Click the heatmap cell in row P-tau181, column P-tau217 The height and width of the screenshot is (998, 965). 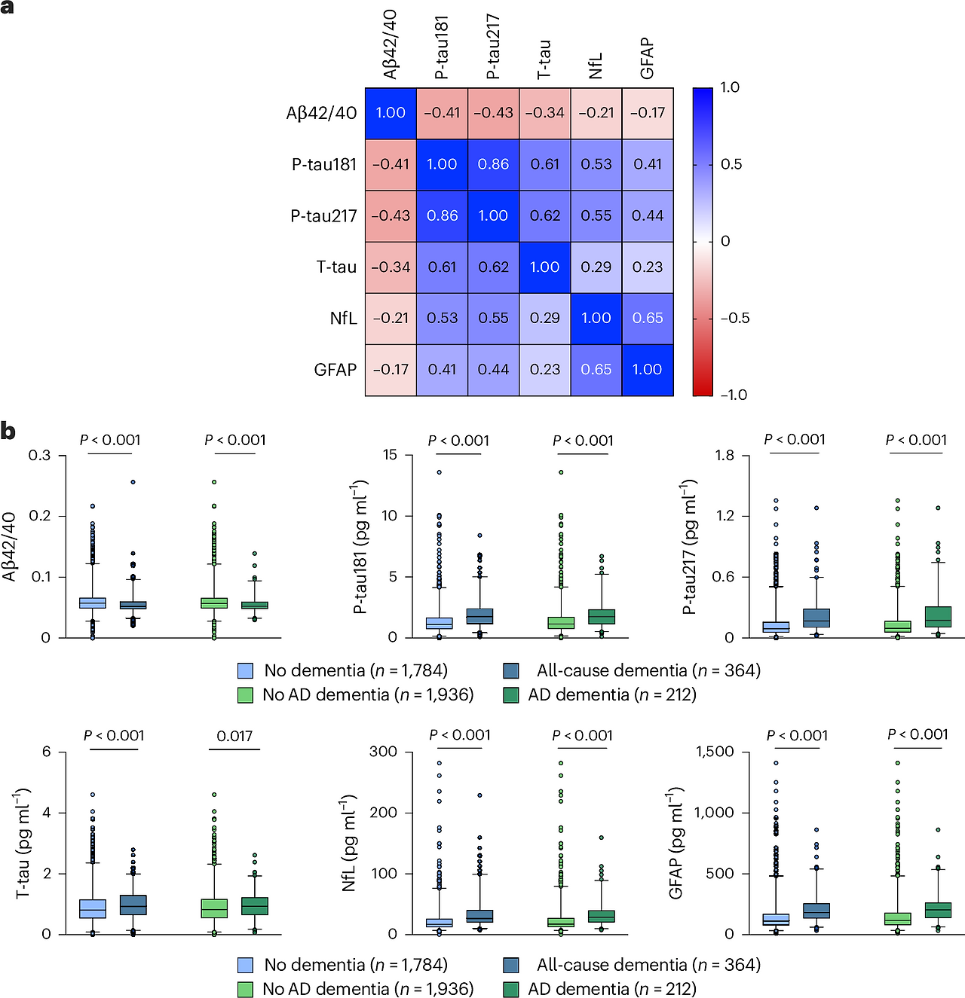pos(493,164)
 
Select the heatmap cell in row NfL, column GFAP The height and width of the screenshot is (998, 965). pos(648,318)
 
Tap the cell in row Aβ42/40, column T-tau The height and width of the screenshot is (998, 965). pos(544,113)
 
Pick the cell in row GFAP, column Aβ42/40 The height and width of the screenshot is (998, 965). pos(391,370)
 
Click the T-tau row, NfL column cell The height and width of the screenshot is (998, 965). pos(596,267)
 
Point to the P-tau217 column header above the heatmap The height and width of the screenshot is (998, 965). pos(493,47)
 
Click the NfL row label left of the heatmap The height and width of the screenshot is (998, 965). pos(343,318)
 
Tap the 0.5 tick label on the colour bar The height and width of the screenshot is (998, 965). pos(731,164)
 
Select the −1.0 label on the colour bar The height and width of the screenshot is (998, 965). pos(733,395)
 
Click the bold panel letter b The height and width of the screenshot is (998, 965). pos(8,432)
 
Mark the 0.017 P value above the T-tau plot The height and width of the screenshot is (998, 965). pos(234,736)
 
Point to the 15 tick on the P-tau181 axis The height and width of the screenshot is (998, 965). pos(390,455)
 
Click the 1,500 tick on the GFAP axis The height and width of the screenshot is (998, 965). pos(714,752)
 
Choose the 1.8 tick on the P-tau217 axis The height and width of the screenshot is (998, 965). pos(724,455)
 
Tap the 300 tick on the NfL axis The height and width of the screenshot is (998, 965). pos(383,752)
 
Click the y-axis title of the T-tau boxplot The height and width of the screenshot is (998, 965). pos(23,843)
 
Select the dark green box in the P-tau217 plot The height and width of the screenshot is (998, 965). pos(938,616)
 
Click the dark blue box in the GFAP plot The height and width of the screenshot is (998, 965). pos(816,911)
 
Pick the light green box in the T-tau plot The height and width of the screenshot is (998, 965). pos(214,908)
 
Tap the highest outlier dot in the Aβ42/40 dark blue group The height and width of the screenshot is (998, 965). pos(133,482)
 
